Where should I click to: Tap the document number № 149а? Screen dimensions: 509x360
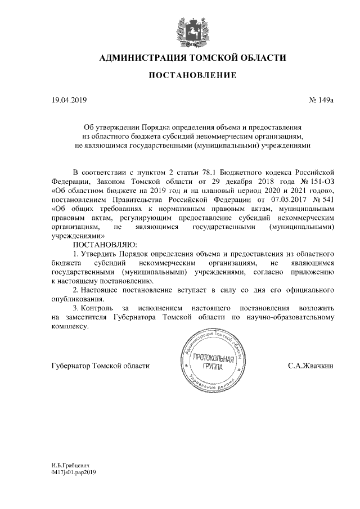[x=322, y=101]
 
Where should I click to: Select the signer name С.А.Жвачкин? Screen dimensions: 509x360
[x=310, y=366]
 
